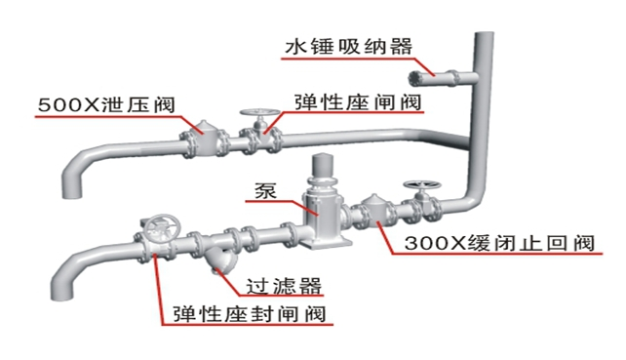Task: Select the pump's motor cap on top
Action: coord(323,163)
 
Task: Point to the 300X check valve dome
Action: coord(372,212)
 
